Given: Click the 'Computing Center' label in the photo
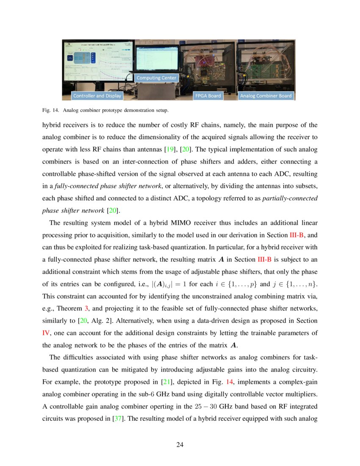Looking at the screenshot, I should [156, 78].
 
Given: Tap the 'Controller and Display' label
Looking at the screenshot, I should [97, 96].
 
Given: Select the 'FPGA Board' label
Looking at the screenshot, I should [208, 96].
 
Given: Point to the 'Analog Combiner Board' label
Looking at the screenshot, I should [266, 96].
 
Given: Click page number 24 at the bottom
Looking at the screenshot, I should [180, 445].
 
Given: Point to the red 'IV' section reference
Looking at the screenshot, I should [46, 333].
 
